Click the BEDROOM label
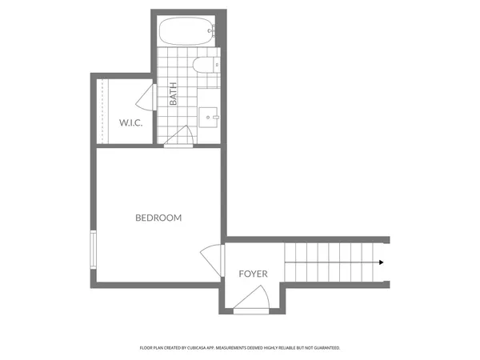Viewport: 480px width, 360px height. pyautogui.click(x=158, y=218)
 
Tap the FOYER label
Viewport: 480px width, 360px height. pyautogui.click(x=253, y=274)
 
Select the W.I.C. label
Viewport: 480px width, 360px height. pyautogui.click(x=130, y=122)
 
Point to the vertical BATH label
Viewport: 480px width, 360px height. pyautogui.click(x=174, y=96)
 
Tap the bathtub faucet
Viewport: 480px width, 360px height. pyautogui.click(x=211, y=32)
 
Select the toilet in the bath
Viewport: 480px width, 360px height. pyautogui.click(x=202, y=63)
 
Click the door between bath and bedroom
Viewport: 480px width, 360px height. pyautogui.click(x=180, y=138)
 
